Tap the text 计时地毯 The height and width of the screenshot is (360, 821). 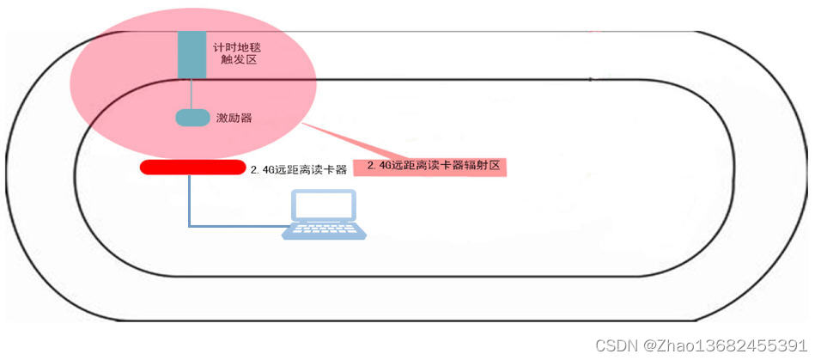(x=234, y=43)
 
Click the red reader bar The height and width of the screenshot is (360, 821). (x=192, y=167)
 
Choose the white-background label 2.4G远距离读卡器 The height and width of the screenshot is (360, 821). (x=298, y=169)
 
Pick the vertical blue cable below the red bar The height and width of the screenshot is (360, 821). (x=190, y=199)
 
